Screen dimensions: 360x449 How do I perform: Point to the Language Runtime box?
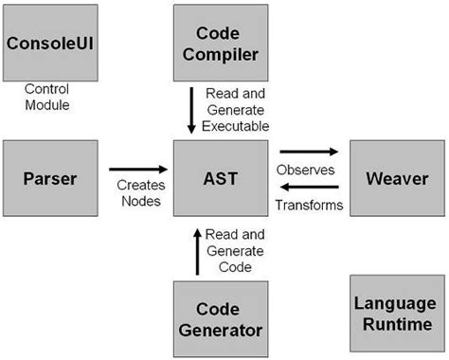click(x=395, y=314)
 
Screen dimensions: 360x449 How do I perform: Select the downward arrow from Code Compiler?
click(x=193, y=109)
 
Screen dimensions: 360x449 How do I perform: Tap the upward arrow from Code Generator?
click(x=197, y=250)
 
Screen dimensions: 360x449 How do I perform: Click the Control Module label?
click(x=46, y=98)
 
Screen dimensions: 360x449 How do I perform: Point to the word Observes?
click(x=305, y=170)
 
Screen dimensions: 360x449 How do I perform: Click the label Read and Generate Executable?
click(x=240, y=109)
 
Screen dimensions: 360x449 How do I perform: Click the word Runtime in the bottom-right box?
click(x=395, y=324)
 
